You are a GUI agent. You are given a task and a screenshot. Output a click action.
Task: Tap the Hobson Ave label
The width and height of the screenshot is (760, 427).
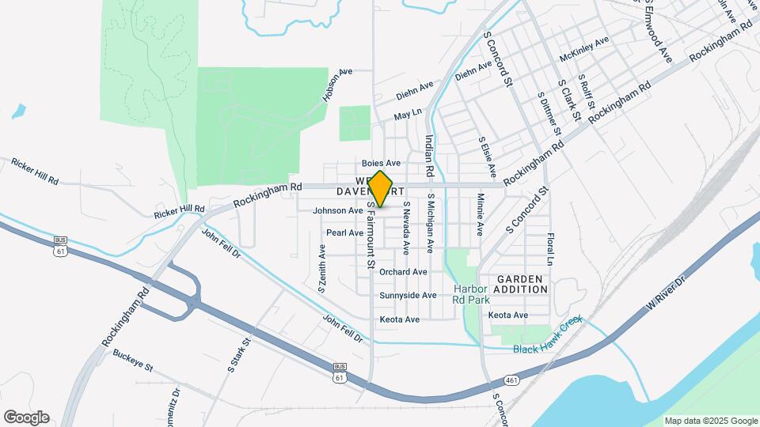(x=336, y=86)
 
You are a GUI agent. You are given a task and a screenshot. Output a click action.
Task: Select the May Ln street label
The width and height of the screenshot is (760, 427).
(x=408, y=116)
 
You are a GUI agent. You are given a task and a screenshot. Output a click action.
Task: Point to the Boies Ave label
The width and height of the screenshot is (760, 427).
(x=381, y=163)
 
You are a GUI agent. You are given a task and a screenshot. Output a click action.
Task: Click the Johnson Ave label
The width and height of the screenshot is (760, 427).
(x=337, y=210)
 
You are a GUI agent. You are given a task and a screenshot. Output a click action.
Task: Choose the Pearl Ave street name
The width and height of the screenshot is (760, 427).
(x=344, y=232)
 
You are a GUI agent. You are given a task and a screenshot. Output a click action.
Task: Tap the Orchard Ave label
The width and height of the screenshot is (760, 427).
(x=403, y=271)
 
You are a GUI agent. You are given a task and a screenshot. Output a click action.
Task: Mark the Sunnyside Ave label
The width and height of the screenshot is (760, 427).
(x=408, y=295)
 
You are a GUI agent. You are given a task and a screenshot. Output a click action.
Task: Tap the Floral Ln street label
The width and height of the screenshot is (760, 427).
(x=549, y=248)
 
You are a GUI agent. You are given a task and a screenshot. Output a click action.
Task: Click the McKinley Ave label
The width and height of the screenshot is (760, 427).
(x=584, y=48)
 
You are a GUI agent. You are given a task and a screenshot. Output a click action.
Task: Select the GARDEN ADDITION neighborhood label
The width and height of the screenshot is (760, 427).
(x=521, y=284)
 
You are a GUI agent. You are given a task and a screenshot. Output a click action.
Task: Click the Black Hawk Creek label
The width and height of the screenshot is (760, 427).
(x=547, y=336)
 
